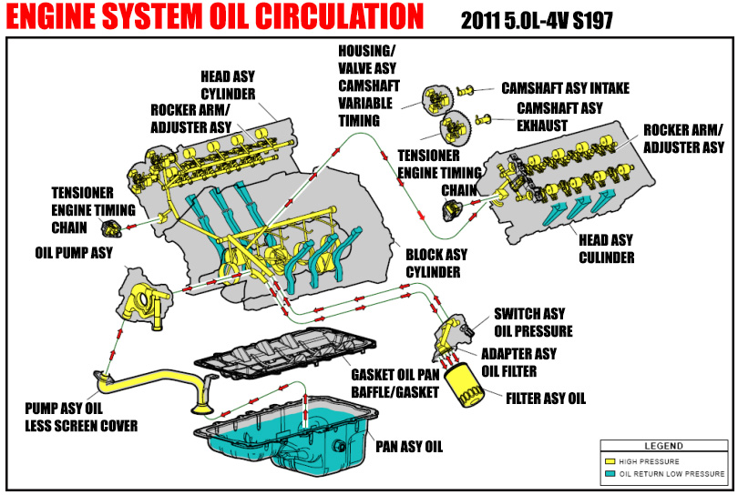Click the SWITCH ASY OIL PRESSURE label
(x=533, y=322)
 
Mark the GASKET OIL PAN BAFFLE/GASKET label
(x=395, y=382)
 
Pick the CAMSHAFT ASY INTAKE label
(x=565, y=89)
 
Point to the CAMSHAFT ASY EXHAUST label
(x=559, y=116)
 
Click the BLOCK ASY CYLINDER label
(x=436, y=264)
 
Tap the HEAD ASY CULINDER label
(x=606, y=248)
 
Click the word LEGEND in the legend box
(x=662, y=446)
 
